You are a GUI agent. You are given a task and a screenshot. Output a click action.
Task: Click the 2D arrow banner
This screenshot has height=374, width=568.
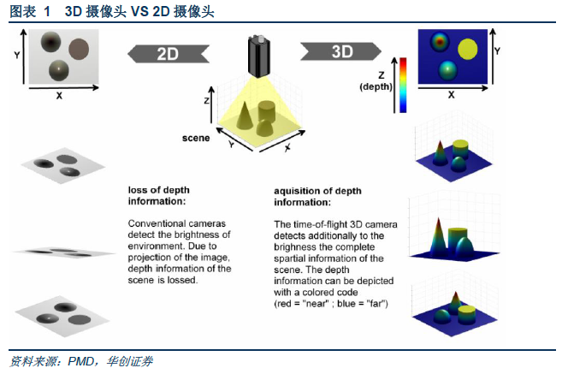(x=169, y=54)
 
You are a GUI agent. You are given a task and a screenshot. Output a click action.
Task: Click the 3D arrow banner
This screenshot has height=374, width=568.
(x=340, y=51)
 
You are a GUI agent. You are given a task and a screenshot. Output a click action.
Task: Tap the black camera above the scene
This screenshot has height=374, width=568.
(x=258, y=56)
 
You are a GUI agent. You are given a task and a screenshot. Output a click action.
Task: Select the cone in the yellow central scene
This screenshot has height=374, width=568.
(x=245, y=116)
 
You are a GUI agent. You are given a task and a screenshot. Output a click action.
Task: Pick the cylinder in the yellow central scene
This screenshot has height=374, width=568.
(x=267, y=111)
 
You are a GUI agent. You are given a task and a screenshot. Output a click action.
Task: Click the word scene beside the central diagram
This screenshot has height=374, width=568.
(x=196, y=138)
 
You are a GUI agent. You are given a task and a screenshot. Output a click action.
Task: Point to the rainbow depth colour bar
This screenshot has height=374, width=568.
(x=403, y=85)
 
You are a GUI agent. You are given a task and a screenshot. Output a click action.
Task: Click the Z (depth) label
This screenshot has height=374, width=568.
(x=376, y=81)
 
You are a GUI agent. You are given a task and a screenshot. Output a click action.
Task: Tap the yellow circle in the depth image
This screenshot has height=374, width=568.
(x=467, y=49)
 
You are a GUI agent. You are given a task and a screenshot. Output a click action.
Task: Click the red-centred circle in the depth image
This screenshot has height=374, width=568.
(x=440, y=41)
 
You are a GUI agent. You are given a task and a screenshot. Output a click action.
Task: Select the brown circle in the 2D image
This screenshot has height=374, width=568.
(x=79, y=49)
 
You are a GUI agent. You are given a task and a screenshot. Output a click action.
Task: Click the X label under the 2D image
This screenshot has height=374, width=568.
(x=59, y=96)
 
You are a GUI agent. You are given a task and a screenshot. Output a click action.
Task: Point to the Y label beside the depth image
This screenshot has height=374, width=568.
(x=497, y=51)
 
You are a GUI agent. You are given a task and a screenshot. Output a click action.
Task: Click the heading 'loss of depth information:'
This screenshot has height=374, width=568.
(x=158, y=196)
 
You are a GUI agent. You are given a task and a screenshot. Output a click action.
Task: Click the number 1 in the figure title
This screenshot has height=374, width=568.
(x=47, y=12)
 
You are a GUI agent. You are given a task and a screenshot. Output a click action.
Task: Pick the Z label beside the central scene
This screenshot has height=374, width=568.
(x=206, y=100)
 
